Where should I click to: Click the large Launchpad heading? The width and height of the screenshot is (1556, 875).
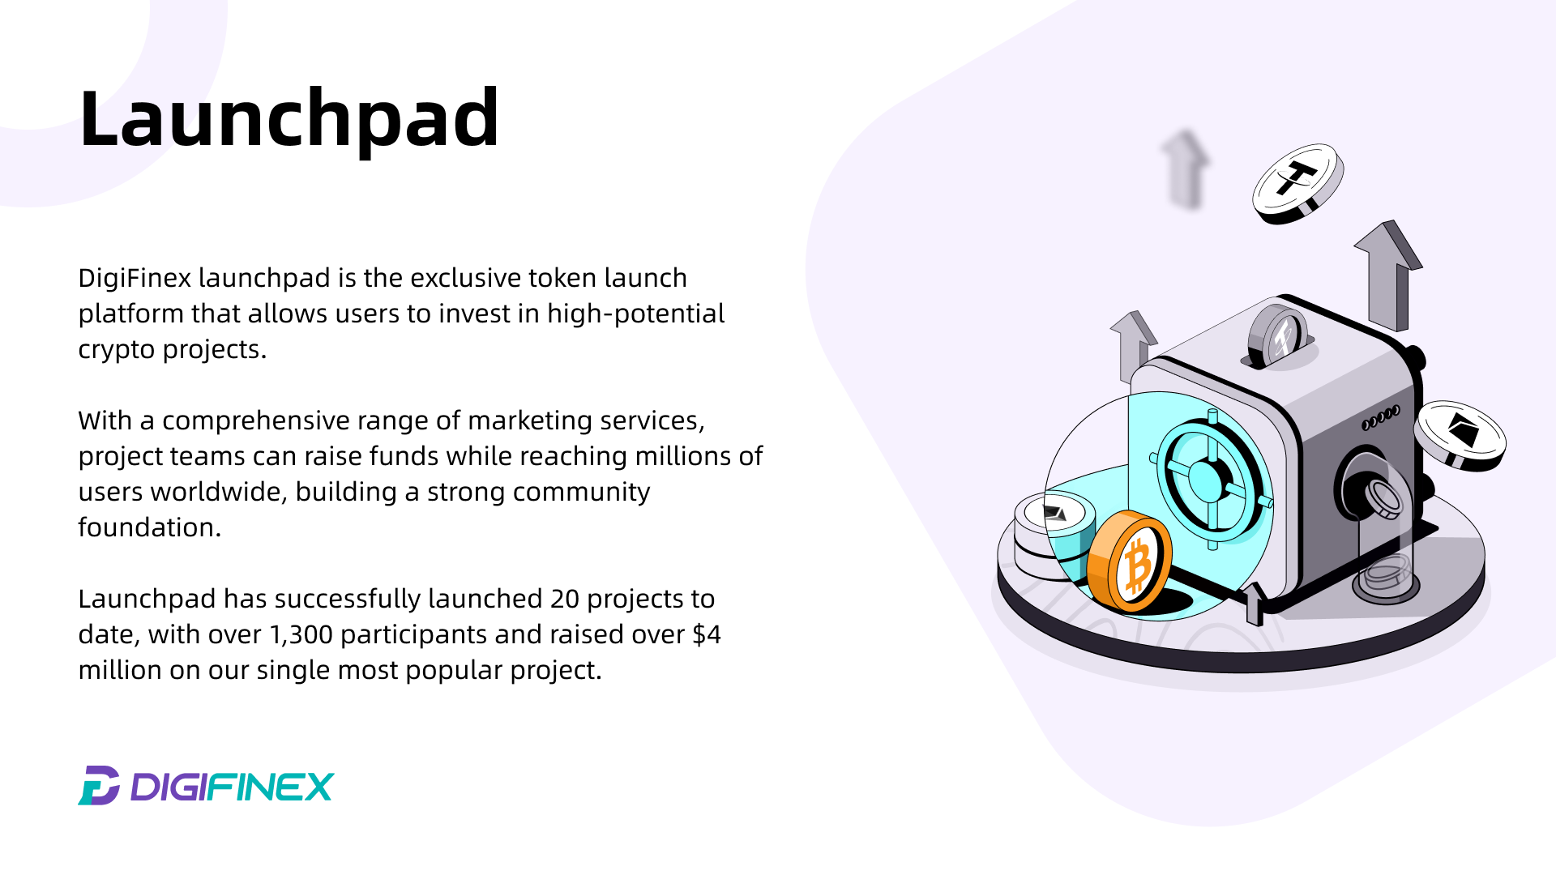coord(289,119)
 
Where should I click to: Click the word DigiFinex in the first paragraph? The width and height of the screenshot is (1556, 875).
coord(135,278)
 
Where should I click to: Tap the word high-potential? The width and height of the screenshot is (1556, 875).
coord(635,314)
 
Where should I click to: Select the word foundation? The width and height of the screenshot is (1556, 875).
coord(149,527)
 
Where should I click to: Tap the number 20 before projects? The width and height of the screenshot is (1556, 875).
coord(565,600)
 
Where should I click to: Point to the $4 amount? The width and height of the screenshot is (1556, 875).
coord(707,634)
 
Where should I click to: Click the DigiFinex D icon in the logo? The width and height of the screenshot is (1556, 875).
coord(99,785)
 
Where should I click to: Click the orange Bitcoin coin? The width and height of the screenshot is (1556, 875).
coord(1130,561)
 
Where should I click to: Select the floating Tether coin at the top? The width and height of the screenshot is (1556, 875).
coord(1298,183)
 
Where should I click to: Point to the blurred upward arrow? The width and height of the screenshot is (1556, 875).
coord(1185,169)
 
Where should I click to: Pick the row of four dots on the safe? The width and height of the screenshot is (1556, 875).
coord(1381,418)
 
